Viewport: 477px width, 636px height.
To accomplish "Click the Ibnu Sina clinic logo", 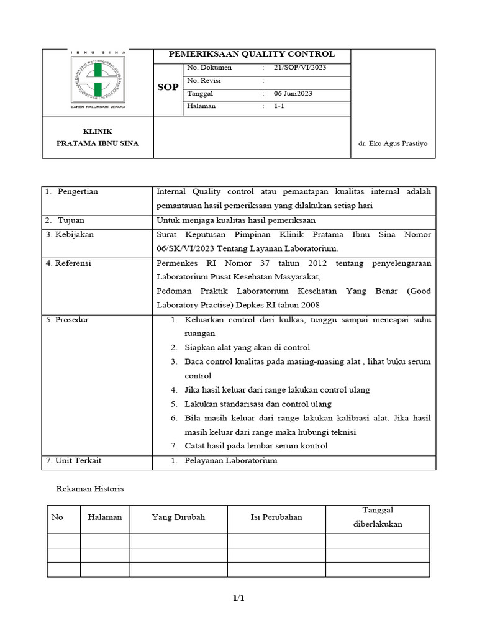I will pyautogui.click(x=98, y=81).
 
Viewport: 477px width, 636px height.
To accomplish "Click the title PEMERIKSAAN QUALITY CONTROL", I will pyautogui.click(x=252, y=54).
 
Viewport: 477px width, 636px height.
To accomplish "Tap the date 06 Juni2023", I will pyautogui.click(x=293, y=93).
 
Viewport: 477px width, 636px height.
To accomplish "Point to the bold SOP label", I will pyautogui.click(x=168, y=88).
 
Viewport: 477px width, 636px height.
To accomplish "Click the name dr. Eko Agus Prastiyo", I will pyautogui.click(x=393, y=143).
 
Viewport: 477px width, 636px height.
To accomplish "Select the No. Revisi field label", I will pyautogui.click(x=204, y=81).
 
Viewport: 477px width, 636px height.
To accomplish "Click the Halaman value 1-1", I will pyautogui.click(x=279, y=106).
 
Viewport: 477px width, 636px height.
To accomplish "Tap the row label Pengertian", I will pyautogui.click(x=78, y=191).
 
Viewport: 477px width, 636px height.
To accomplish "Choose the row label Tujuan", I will pyautogui.click(x=71, y=220).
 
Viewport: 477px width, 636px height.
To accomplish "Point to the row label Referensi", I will pyautogui.click(x=68, y=263).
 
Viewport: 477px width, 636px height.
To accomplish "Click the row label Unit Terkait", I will pyautogui.click(x=73, y=461).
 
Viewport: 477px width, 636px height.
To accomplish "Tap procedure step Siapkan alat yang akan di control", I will pyautogui.click(x=247, y=348).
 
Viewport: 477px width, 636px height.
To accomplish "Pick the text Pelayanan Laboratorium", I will pyautogui.click(x=230, y=461).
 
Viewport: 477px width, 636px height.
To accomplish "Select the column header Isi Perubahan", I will pyautogui.click(x=276, y=517).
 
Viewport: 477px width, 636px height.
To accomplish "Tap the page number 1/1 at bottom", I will pyautogui.click(x=239, y=598).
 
